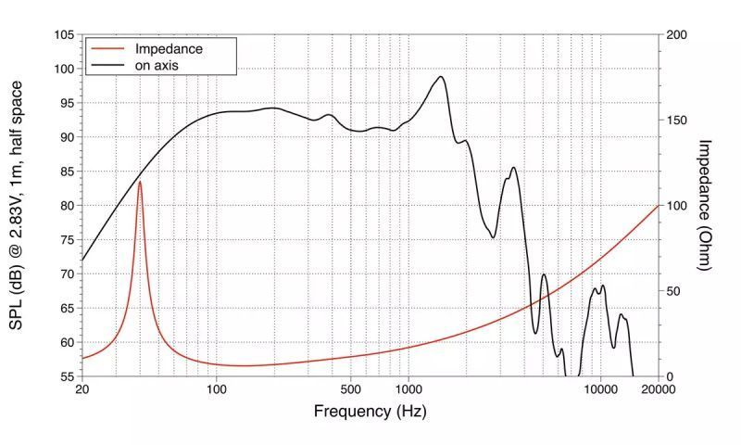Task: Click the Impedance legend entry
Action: click(169, 48)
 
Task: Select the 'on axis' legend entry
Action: click(156, 66)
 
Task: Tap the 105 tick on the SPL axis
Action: click(64, 34)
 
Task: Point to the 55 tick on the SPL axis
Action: click(68, 376)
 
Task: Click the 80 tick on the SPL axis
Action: click(68, 205)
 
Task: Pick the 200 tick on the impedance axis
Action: click(676, 34)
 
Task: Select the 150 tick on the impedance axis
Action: click(676, 120)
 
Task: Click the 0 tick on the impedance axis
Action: click(669, 376)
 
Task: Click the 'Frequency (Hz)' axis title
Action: click(370, 411)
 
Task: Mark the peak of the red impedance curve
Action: click(140, 182)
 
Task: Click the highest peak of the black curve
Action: click(441, 77)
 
